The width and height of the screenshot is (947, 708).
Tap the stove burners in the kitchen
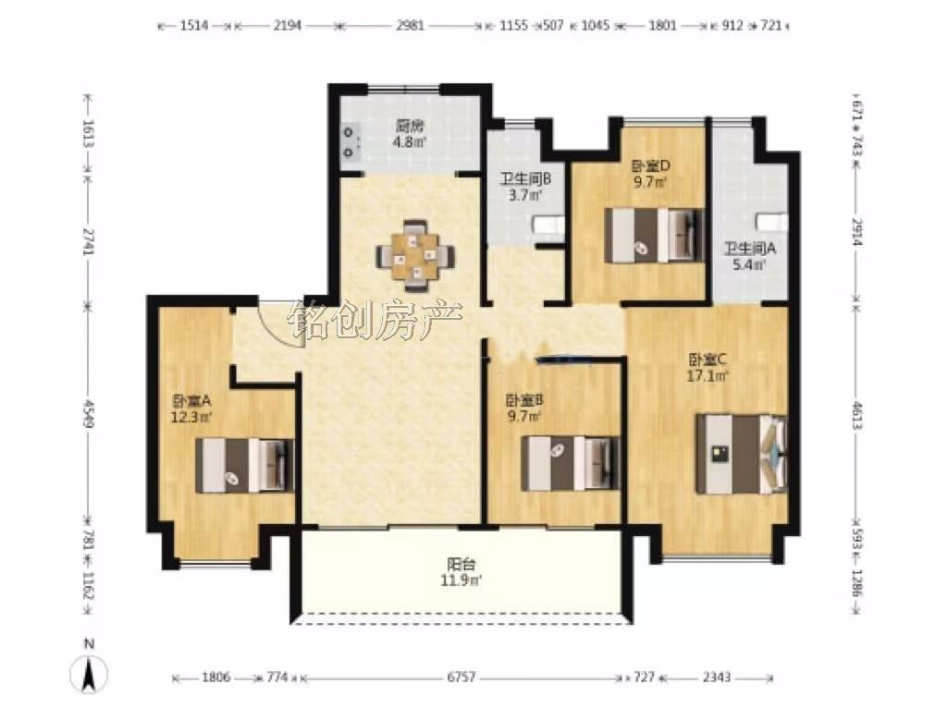pos(350,141)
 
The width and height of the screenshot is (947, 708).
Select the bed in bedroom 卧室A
pos(245,465)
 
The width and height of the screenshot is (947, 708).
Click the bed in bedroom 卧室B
pos(572,462)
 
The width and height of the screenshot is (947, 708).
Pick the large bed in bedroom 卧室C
pos(742,453)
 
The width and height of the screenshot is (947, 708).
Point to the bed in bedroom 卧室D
pos(655,236)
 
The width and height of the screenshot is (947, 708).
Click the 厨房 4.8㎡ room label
pos(410,134)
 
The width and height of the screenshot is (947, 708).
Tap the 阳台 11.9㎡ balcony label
pos(461,572)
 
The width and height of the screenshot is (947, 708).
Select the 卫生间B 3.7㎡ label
pos(525,187)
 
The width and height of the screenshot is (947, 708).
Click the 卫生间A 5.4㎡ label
pos(750,256)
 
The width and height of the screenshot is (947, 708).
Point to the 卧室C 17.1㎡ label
pos(707,368)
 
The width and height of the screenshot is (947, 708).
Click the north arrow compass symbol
pos(89,668)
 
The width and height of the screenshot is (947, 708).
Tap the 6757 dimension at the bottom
pos(461,677)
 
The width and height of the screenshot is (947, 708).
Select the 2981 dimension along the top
pos(410,25)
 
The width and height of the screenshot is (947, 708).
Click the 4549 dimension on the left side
pos(89,413)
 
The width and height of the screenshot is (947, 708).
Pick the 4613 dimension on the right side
pos(855,414)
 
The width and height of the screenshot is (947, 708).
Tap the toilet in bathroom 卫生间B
pos(547,226)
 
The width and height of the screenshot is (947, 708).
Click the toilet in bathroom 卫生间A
pos(773,222)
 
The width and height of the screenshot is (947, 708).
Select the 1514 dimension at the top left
pos(194,25)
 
